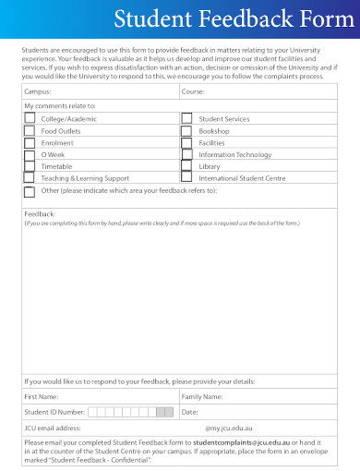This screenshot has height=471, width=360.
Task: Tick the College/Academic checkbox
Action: [x=30, y=119]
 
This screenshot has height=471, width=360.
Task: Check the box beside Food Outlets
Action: [x=30, y=131]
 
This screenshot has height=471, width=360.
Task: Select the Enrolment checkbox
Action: [x=30, y=143]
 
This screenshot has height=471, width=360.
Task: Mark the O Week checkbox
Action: [x=30, y=154]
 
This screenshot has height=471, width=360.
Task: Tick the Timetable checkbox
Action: [x=30, y=166]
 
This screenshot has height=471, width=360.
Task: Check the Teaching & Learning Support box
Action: [x=30, y=177]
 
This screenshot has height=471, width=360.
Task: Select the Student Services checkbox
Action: [x=186, y=119]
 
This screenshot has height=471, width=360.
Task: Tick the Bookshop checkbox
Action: [x=186, y=131]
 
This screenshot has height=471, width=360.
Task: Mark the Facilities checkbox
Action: [x=186, y=143]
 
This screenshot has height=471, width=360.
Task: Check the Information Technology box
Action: [x=186, y=154]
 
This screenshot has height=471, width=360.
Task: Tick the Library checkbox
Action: [x=186, y=166]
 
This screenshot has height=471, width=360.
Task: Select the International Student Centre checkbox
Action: [x=186, y=177]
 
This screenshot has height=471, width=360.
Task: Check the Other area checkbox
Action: [x=30, y=191]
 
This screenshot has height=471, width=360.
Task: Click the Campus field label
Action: [x=39, y=92]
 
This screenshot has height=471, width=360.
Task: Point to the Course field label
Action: [x=193, y=92]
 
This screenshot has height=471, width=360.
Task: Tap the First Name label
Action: [x=42, y=396]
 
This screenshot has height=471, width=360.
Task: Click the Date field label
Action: [x=190, y=412]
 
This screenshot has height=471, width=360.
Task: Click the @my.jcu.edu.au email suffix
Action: [x=229, y=429]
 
